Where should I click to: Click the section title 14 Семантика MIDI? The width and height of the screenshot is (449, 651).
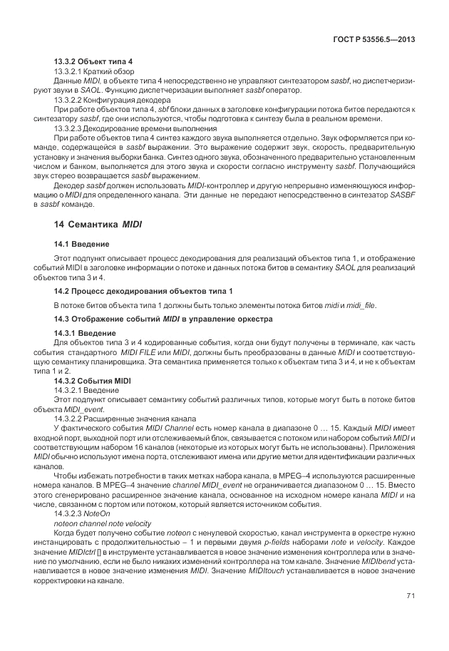click(x=98, y=224)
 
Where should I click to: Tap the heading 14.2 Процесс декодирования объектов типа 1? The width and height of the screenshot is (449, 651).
click(x=143, y=291)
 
